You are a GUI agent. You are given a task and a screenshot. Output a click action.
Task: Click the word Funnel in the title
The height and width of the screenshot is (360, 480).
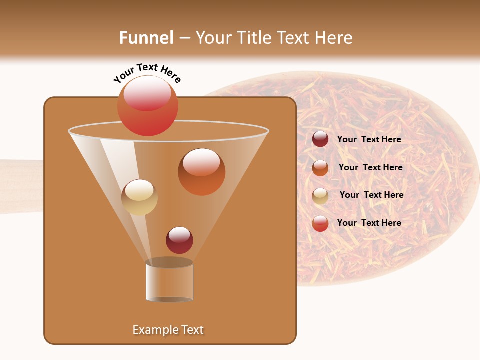146,38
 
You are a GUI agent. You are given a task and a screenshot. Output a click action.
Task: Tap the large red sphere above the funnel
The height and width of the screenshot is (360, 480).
148,106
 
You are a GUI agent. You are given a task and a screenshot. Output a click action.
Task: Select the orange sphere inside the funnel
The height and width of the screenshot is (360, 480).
201,172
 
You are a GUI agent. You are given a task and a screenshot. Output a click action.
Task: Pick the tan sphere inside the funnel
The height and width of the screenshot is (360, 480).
139,197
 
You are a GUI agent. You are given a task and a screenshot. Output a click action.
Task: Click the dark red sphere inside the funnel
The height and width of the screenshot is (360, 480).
179,240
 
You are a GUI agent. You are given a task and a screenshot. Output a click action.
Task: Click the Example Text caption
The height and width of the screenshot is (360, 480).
168,330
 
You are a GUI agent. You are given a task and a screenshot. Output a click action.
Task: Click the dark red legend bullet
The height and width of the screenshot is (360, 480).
320,139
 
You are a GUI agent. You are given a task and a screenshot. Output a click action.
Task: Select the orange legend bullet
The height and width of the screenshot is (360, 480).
320,168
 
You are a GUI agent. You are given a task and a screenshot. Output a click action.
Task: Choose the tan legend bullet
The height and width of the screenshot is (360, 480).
320,196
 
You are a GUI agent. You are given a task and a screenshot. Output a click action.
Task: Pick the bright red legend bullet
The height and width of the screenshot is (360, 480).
320,223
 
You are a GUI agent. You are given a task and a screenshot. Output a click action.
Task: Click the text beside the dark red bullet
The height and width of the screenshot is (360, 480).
369,140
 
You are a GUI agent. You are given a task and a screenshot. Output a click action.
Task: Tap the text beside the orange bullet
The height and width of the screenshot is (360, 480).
370,168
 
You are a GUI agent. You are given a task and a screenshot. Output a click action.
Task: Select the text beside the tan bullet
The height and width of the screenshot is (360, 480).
371,195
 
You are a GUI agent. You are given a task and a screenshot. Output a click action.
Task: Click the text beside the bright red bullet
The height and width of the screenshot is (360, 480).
369,223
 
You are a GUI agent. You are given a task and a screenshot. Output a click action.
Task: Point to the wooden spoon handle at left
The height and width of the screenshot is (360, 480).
20,186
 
